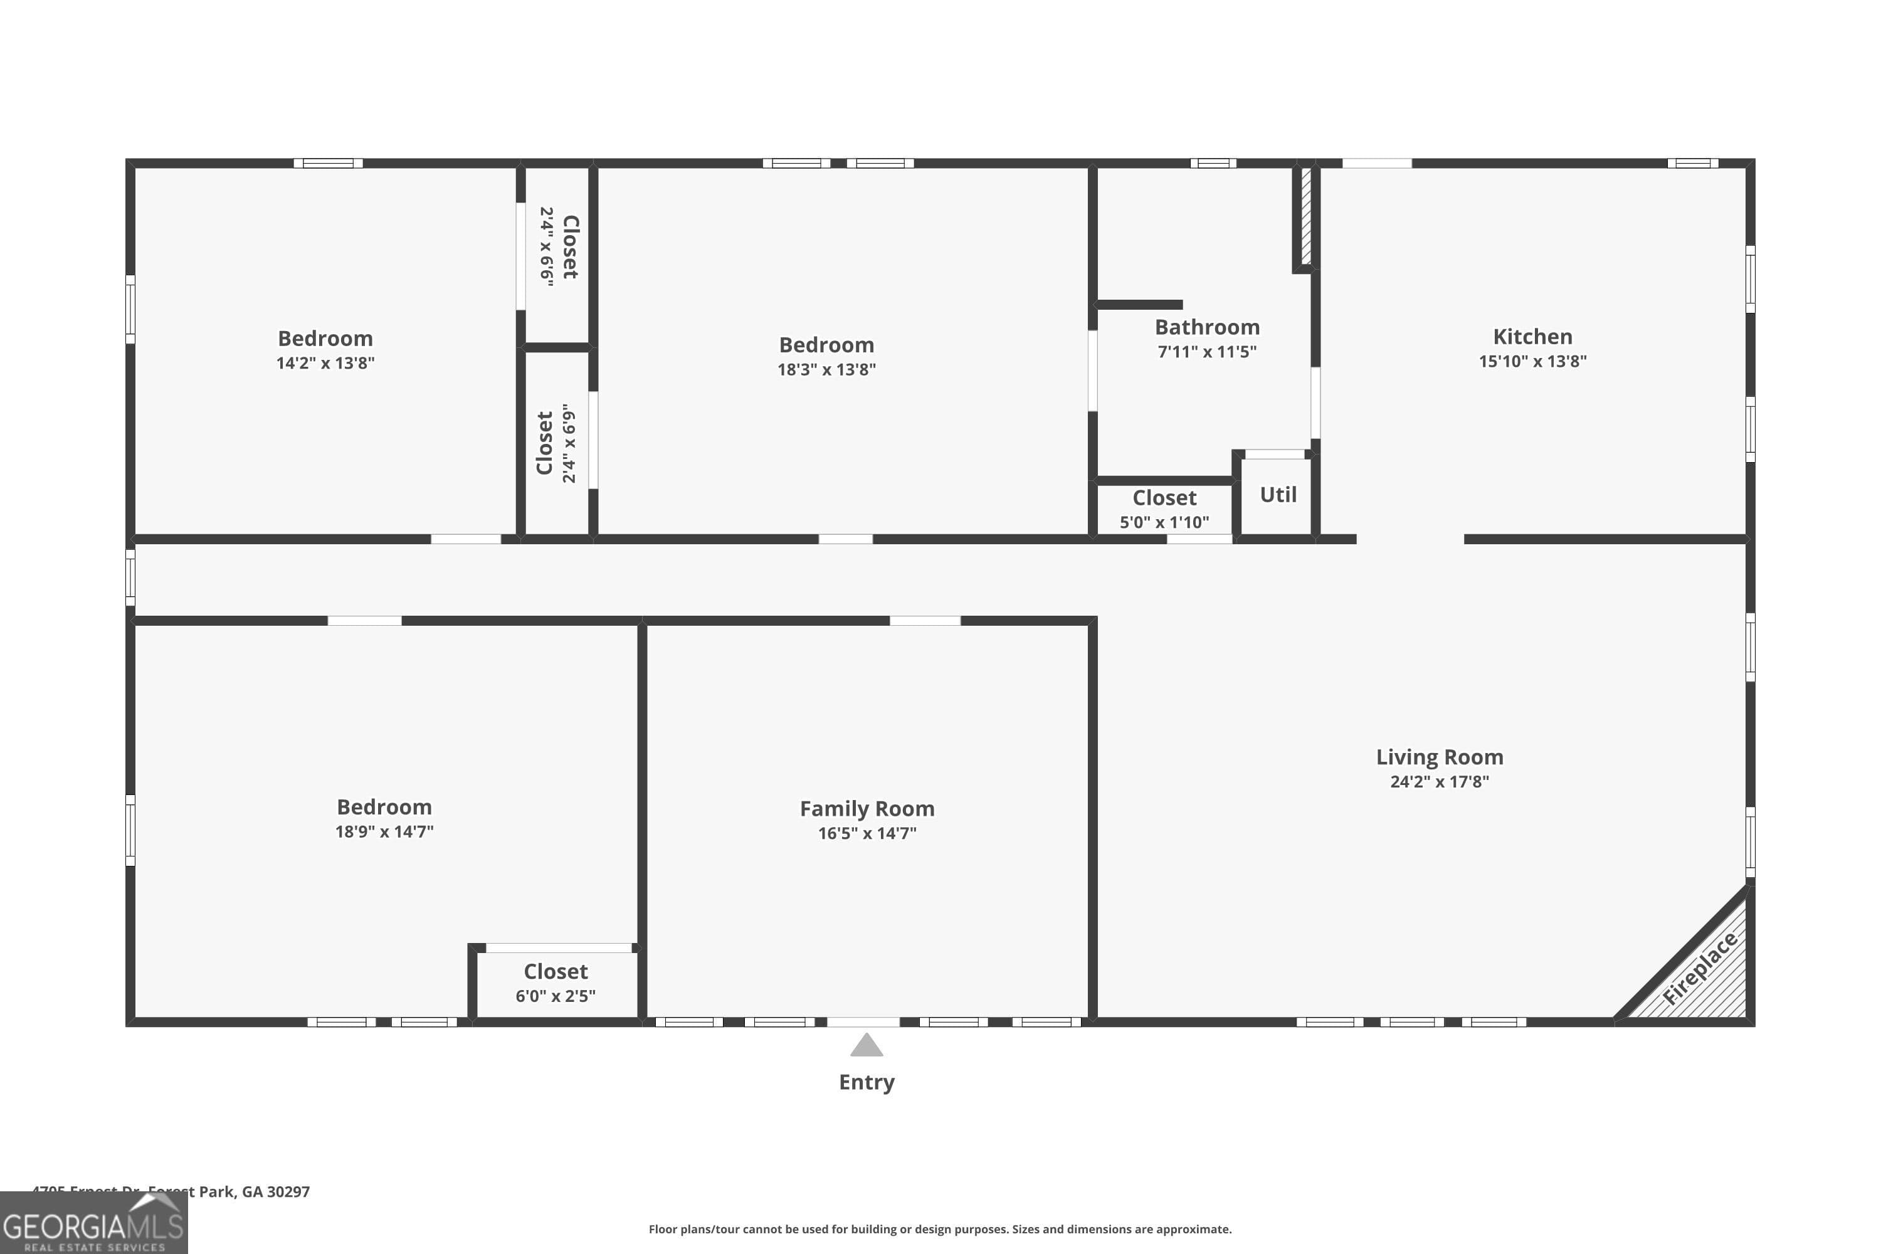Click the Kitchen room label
(1532, 337)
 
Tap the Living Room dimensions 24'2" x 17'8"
(1439, 781)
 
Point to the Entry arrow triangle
(866, 1045)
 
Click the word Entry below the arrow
(866, 1082)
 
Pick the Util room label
(1277, 495)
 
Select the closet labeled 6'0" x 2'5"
(555, 996)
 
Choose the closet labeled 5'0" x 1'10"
(1164, 522)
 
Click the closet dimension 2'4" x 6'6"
(547, 246)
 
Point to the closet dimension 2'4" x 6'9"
(569, 443)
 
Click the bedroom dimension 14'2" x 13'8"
(325, 363)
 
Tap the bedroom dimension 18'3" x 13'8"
(826, 369)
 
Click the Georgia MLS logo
(93, 1225)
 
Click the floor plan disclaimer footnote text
(940, 1229)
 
